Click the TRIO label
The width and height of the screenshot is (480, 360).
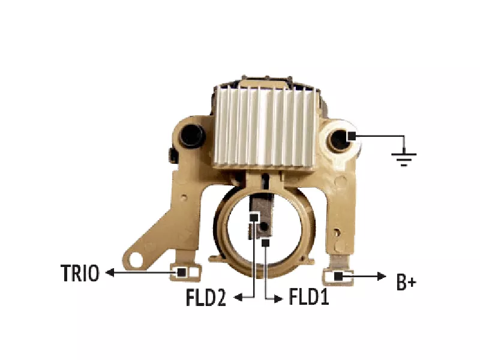pyautogui.click(x=80, y=273)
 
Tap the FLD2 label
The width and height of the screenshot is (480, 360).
pyautogui.click(x=206, y=298)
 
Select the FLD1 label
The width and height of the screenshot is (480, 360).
pyautogui.click(x=308, y=296)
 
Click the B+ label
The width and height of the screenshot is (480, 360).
pyautogui.click(x=406, y=282)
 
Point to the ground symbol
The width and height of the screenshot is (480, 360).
pyautogui.click(x=404, y=157)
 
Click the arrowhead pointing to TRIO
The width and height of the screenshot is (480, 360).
pyautogui.click(x=110, y=272)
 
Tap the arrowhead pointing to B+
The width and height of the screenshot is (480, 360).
pyautogui.click(x=382, y=276)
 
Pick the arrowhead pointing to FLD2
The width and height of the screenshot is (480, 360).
pyautogui.click(x=238, y=297)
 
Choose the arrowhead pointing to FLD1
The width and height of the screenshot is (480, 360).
pyautogui.click(x=278, y=299)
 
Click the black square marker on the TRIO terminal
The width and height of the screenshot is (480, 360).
pyautogui.click(x=181, y=272)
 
